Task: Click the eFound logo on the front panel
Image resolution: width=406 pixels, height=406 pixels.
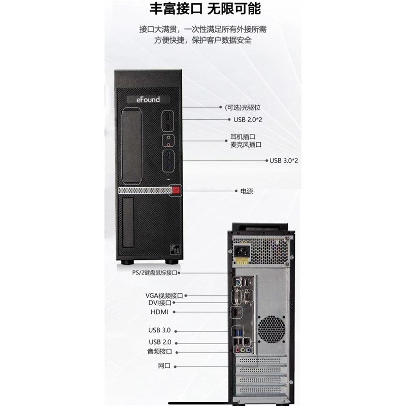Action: coord(148,99)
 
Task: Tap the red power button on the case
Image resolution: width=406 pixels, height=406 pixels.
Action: coord(176,190)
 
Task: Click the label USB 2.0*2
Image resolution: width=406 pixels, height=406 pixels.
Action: coord(248,120)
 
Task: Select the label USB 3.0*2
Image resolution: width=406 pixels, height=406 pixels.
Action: coord(284,160)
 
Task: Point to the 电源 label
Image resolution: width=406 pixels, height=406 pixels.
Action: coord(247,191)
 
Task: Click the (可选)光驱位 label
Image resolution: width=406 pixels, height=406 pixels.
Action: coord(243,107)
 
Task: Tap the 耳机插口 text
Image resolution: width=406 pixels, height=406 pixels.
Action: coord(243,137)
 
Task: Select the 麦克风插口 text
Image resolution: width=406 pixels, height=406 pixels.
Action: coord(246,145)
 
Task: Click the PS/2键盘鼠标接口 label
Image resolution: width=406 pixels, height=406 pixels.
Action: coord(155,273)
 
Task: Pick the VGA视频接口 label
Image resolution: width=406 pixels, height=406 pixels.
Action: coord(164,295)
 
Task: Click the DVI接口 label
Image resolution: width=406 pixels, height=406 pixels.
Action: coord(160,302)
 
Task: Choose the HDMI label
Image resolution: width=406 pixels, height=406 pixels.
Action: coord(159,312)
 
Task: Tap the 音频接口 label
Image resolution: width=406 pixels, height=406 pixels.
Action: coord(159,351)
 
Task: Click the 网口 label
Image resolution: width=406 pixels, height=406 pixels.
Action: coord(164,365)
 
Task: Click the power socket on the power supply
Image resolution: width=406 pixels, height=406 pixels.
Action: coord(242,251)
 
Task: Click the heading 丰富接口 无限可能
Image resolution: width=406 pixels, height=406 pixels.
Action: coord(206,9)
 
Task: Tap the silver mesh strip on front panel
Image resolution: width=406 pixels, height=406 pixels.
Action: coord(145,191)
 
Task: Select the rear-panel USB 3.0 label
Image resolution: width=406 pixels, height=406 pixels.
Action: coord(159,330)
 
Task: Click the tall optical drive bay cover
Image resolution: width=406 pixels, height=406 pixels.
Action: coord(131,146)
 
